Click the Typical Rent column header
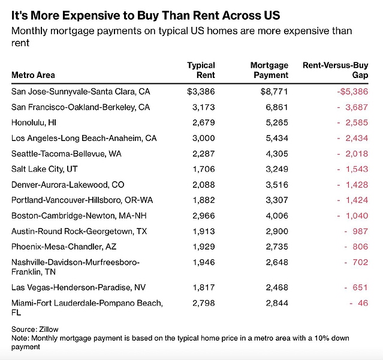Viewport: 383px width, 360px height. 201,70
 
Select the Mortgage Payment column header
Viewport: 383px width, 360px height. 269,70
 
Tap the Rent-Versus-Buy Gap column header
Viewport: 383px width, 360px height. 336,70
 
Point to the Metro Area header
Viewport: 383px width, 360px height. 33,76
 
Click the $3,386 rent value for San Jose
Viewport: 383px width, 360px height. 201,92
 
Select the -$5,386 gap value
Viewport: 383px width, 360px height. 351,92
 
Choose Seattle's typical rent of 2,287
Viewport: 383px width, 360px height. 204,154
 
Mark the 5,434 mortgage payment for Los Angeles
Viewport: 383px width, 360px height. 276,138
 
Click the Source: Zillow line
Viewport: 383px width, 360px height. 34,329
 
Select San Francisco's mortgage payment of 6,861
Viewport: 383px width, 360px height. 276,107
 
